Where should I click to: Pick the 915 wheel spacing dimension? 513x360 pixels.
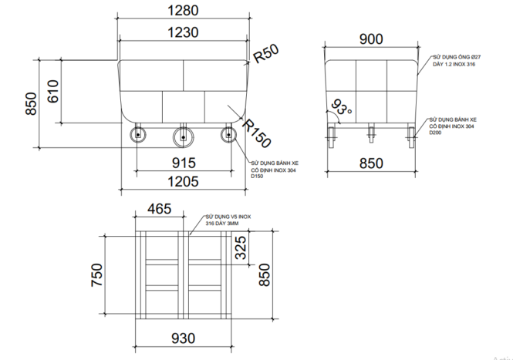pos(183,163)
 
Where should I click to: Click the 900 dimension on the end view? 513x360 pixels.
pos(371,39)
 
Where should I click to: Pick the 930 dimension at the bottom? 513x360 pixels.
pos(183,338)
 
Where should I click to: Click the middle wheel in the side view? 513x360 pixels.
pos(183,136)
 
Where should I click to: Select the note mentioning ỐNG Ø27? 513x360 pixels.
pos(456,62)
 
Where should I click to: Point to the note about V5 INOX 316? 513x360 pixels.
pos(228,220)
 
